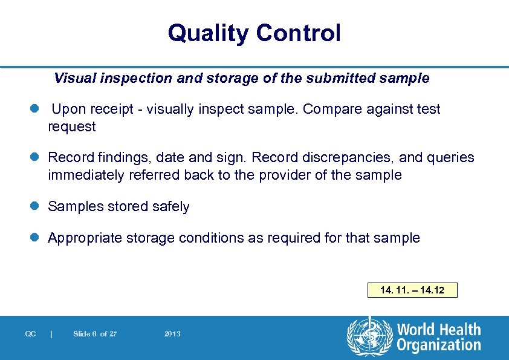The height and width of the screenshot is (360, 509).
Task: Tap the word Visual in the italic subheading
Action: (x=71, y=79)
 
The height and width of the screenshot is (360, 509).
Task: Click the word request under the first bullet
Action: (x=72, y=127)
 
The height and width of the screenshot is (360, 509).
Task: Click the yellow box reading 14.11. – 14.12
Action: (x=412, y=290)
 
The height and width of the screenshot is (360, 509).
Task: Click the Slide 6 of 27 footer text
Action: (x=95, y=334)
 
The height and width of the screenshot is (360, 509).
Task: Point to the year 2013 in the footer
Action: (x=172, y=334)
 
